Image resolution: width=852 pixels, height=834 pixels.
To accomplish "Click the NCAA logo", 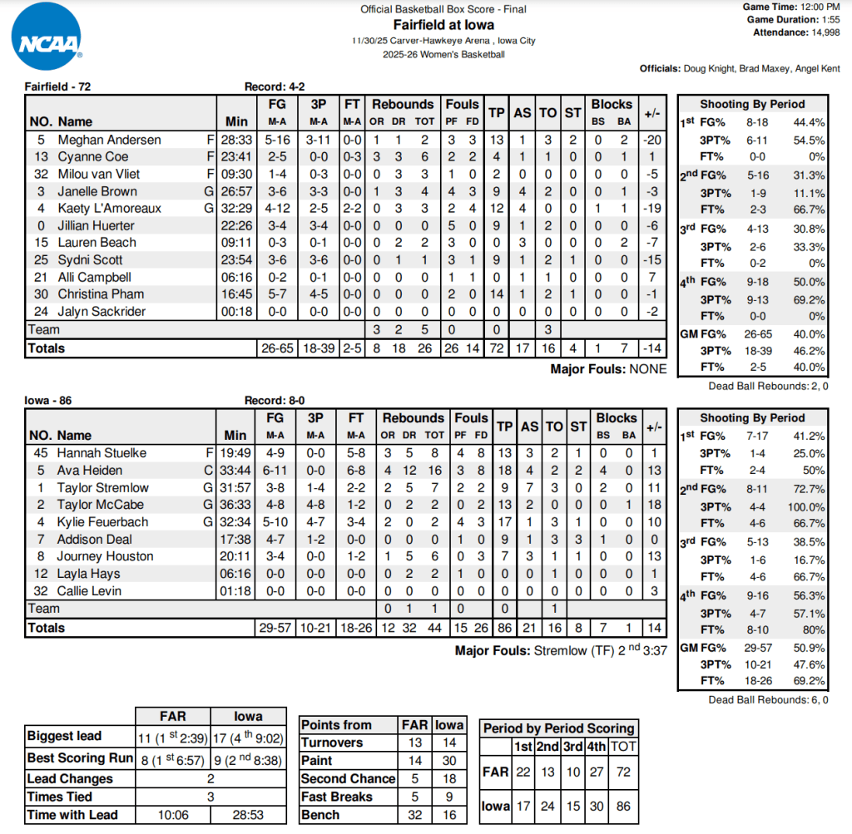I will [x=47, y=37].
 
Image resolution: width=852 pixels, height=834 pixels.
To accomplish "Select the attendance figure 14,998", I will [x=825, y=32].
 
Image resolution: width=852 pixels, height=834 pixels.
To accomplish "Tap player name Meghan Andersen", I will [x=109, y=140].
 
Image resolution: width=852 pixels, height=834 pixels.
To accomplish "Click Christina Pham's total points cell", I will [x=497, y=294].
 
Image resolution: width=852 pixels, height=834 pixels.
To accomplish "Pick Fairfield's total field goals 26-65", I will [x=276, y=348].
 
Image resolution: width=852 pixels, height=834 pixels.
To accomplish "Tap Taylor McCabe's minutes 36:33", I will [x=235, y=505].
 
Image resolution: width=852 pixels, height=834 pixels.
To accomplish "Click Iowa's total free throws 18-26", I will [x=356, y=629].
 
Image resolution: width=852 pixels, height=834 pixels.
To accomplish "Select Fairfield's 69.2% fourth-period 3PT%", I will [x=810, y=299].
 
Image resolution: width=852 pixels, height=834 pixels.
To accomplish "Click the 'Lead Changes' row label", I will [x=70, y=779].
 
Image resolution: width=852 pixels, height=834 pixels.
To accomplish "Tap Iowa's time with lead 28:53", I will [x=247, y=816].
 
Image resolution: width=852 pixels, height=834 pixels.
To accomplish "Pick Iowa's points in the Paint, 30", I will [x=450, y=761].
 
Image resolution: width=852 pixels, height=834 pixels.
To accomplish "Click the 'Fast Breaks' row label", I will [x=337, y=797].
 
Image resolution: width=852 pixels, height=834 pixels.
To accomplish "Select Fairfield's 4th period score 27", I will [x=596, y=771].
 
